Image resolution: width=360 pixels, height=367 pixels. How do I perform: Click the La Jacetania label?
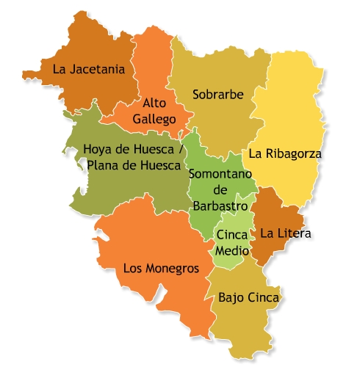89,70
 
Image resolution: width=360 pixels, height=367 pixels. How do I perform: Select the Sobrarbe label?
217,94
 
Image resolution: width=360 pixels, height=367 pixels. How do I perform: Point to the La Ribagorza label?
285,154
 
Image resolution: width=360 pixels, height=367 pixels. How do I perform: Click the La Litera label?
287,234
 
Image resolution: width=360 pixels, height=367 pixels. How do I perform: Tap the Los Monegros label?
161,269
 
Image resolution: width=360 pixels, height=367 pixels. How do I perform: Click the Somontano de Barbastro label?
221,189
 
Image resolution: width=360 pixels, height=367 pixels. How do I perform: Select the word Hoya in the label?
97,149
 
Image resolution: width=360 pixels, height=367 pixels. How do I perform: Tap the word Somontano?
221,174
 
